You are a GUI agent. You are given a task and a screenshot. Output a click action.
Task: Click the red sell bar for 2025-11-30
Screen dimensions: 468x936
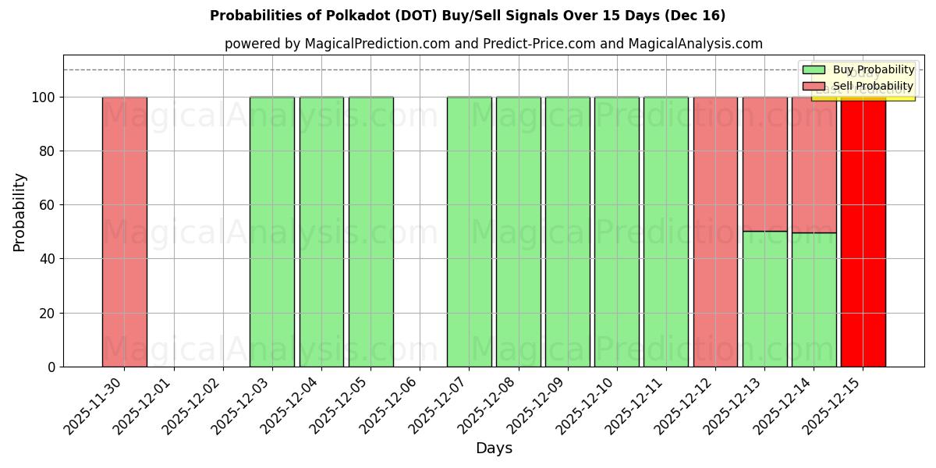coord(124,232)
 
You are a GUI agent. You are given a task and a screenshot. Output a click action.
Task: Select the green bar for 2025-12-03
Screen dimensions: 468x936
coord(272,232)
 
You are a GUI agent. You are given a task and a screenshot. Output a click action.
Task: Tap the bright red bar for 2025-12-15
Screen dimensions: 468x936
coord(863,232)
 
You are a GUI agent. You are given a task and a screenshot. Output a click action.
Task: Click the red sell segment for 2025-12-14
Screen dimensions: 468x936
coord(814,165)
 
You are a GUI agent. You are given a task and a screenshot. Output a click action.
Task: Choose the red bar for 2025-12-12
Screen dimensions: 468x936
coord(715,232)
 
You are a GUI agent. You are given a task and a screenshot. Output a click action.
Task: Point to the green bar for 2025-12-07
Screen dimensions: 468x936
coord(469,232)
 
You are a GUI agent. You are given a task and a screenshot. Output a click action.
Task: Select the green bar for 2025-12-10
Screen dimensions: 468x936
coord(617,232)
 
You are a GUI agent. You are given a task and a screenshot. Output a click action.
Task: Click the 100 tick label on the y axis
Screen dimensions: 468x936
coord(44,97)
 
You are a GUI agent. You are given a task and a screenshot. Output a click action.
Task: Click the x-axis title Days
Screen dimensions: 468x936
coord(494,448)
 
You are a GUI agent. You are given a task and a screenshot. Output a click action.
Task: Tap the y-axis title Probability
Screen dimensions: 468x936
coord(19,212)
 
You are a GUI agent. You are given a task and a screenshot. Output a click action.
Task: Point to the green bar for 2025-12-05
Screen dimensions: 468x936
coord(370,232)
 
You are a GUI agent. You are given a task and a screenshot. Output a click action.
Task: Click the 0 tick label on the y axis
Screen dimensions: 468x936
coord(51,367)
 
